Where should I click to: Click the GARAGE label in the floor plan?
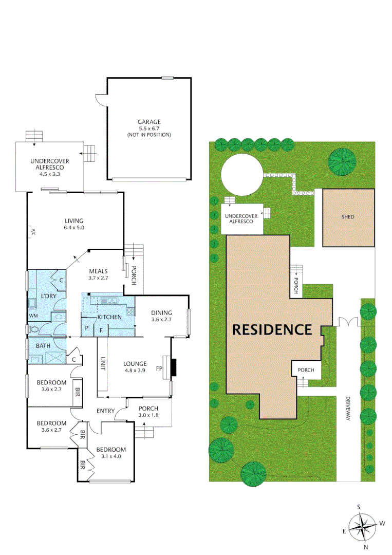click(x=148, y=122)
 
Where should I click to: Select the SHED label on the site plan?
click(x=348, y=217)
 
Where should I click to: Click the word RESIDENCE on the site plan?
click(x=272, y=329)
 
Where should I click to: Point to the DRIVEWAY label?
click(x=348, y=409)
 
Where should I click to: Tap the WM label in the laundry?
click(x=33, y=315)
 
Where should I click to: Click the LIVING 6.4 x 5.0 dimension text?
click(x=74, y=227)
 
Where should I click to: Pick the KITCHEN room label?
click(x=109, y=317)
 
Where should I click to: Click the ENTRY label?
click(x=105, y=411)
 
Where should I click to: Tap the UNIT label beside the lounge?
click(x=103, y=364)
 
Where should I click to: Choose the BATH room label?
click(x=43, y=346)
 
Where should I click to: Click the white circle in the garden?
click(x=242, y=175)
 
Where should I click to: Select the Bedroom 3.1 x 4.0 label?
click(x=111, y=453)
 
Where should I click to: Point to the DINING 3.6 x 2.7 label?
click(x=161, y=316)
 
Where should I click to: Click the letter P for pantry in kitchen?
click(x=87, y=328)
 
